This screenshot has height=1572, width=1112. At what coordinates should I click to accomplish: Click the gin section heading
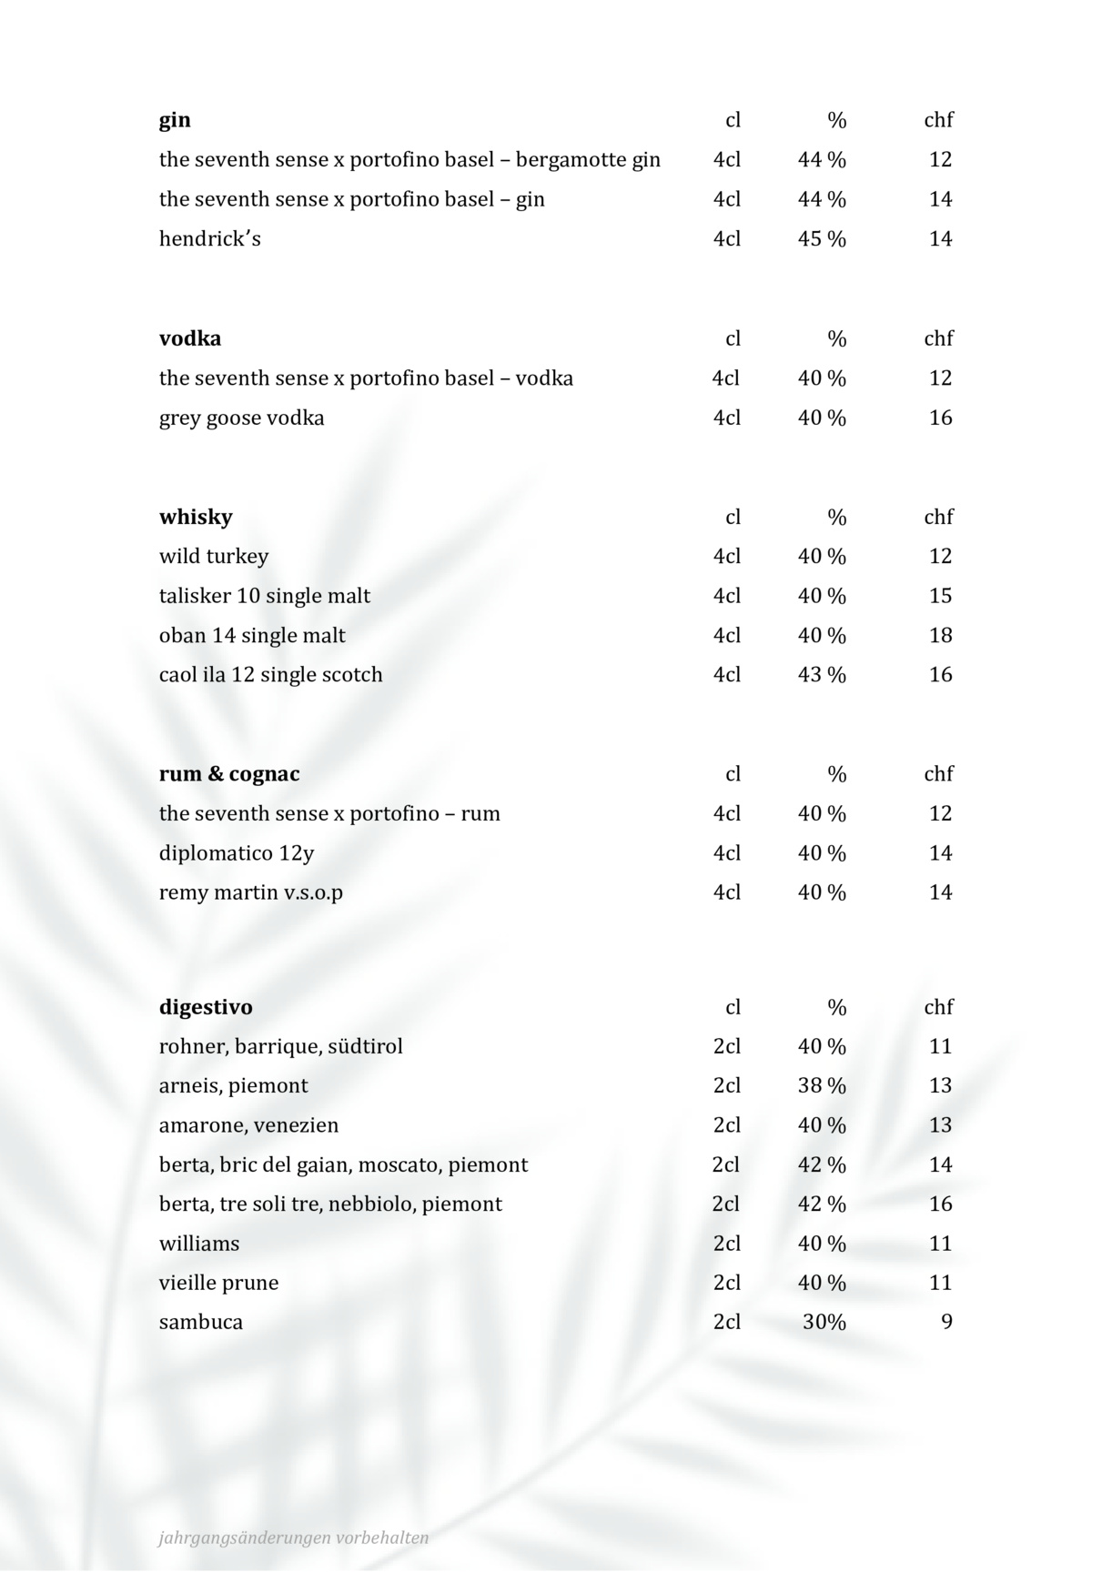point(175,120)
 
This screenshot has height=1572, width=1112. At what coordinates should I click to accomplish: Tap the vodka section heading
point(190,338)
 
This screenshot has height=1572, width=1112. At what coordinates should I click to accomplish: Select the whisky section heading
point(196,517)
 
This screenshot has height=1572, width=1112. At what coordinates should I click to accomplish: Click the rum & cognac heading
point(229,774)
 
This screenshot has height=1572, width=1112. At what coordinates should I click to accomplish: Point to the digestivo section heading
point(206,1007)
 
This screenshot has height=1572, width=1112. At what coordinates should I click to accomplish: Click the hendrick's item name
point(210,239)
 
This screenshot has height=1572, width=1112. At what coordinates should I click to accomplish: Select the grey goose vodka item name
point(241,418)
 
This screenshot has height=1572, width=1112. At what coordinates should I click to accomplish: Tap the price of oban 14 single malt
point(940,635)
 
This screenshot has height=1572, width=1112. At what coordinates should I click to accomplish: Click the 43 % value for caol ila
point(822,675)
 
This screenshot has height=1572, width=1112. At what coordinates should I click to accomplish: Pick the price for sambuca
point(946,1322)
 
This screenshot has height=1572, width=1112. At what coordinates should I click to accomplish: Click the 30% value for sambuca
point(824,1322)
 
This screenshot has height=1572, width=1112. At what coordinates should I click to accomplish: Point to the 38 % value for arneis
point(822,1085)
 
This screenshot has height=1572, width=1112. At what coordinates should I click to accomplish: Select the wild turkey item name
point(214,556)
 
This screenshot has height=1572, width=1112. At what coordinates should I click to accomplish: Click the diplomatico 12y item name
point(237,853)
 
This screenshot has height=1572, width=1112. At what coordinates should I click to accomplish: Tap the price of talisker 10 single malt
point(940,596)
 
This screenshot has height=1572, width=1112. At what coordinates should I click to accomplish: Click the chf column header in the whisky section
point(938,517)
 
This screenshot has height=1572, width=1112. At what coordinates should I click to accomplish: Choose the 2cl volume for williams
point(726,1244)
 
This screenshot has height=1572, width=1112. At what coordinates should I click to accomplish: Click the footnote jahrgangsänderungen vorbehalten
point(293,1537)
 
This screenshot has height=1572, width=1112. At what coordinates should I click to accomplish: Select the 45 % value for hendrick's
point(822,239)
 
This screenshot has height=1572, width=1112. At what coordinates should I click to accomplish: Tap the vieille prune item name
point(218,1283)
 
